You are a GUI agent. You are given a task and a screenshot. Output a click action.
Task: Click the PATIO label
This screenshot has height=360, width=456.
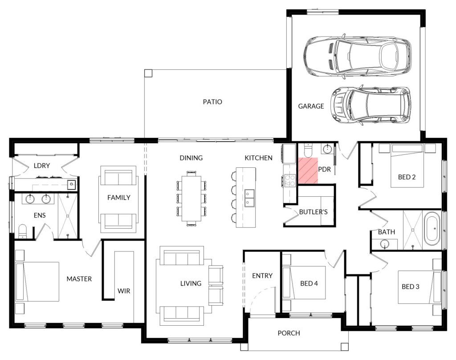[x=212, y=102]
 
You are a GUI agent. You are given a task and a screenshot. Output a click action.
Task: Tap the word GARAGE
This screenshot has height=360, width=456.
[x=311, y=106]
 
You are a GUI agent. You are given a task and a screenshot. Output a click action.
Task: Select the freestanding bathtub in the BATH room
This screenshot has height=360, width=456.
[x=432, y=229]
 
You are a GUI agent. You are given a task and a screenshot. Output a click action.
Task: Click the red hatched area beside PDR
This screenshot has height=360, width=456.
[x=308, y=170]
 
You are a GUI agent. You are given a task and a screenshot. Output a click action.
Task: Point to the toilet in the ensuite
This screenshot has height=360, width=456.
[x=22, y=231]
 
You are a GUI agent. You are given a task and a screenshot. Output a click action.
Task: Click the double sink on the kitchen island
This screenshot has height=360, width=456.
[x=249, y=198]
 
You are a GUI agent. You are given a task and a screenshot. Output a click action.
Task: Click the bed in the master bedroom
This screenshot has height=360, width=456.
[x=37, y=282]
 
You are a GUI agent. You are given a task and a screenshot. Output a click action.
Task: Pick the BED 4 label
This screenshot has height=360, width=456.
[x=309, y=283]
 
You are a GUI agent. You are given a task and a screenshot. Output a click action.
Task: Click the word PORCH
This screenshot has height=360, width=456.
[x=289, y=333]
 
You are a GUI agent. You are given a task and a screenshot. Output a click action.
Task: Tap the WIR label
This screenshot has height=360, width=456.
[x=124, y=291]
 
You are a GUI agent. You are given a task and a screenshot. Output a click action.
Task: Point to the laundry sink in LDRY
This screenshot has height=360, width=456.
[x=71, y=184]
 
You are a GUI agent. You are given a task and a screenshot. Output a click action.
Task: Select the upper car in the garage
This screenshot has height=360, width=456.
[x=357, y=56]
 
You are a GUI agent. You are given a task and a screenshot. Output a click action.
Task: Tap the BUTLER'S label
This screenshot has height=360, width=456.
[x=313, y=212]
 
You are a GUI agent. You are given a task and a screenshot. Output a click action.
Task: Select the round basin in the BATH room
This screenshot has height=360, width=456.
[x=385, y=244]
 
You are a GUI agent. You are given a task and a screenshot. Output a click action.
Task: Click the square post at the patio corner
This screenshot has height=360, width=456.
[x=148, y=73]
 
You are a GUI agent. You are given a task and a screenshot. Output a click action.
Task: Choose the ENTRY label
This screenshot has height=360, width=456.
[x=262, y=275]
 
